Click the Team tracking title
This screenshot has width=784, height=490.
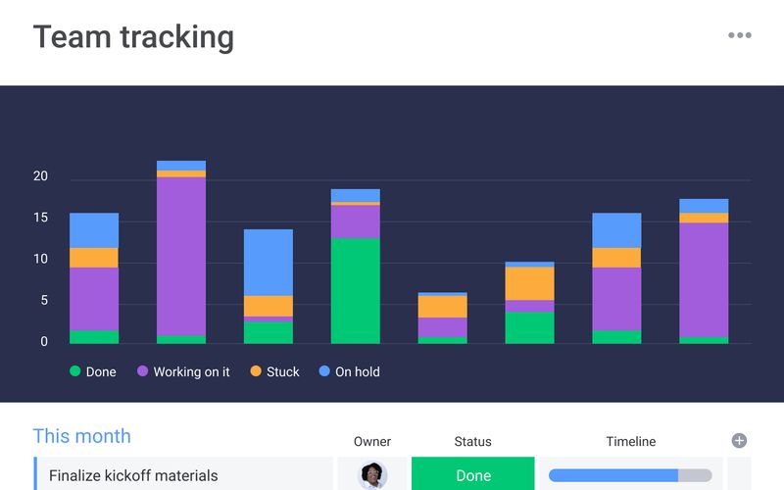[133, 37]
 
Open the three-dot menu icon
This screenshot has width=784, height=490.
[739, 36]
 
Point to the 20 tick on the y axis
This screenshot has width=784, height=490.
[40, 176]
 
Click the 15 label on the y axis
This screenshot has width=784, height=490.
[40, 218]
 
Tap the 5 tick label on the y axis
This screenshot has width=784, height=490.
[43, 301]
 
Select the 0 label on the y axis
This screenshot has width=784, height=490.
[43, 342]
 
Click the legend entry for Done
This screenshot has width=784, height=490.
[93, 372]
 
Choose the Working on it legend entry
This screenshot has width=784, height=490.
[183, 372]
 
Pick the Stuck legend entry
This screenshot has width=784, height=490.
[274, 372]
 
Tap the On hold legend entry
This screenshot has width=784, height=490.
[349, 372]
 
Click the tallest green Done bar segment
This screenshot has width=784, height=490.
[356, 290]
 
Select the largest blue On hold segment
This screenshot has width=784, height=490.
[269, 263]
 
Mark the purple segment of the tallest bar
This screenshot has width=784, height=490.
[181, 256]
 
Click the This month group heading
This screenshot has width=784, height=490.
[81, 436]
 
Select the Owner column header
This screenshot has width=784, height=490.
[372, 442]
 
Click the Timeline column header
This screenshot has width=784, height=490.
[630, 442]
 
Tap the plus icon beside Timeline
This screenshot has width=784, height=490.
[740, 441]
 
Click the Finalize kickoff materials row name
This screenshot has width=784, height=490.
[133, 476]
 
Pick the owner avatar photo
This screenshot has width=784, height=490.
[372, 475]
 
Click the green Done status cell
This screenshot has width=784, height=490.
[473, 475]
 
